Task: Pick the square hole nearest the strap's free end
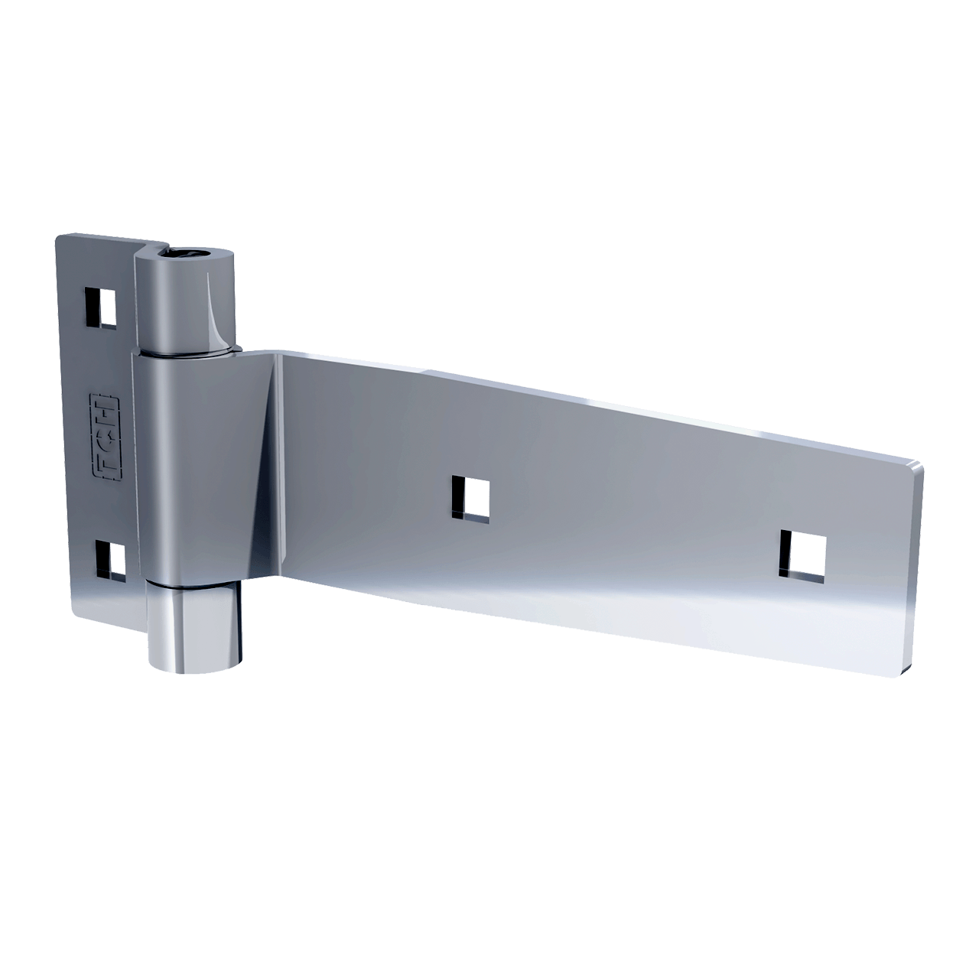point(802,554)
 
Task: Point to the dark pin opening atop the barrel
point(184,254)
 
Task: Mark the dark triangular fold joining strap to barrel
point(268,459)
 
